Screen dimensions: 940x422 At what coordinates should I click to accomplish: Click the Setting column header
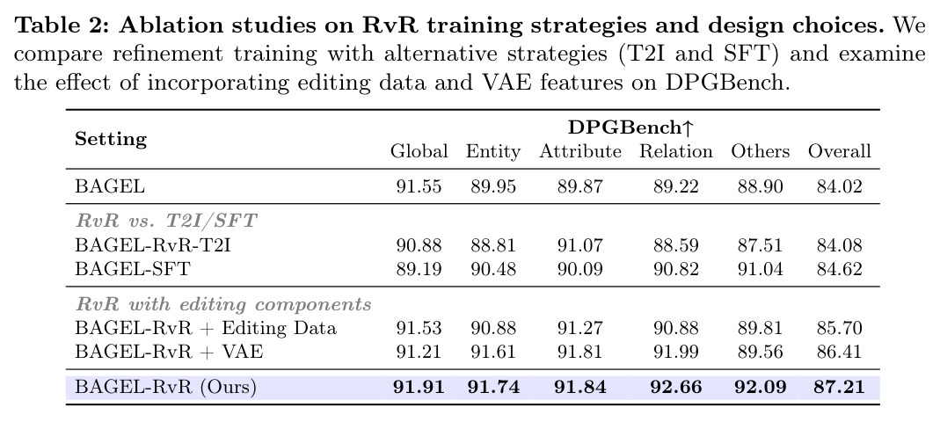(x=111, y=140)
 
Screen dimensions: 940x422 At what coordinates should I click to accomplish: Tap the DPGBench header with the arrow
(x=630, y=127)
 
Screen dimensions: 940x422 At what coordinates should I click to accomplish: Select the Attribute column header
(x=579, y=151)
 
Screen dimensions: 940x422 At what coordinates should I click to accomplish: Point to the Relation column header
(x=675, y=151)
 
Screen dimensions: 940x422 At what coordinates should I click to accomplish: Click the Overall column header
(x=839, y=151)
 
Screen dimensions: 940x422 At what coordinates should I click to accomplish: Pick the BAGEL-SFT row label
(x=132, y=268)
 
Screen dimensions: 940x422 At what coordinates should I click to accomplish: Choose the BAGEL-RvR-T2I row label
(x=152, y=245)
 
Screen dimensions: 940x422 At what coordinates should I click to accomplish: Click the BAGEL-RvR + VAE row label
(x=169, y=351)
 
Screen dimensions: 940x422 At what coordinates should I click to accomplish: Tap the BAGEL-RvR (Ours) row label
(x=165, y=387)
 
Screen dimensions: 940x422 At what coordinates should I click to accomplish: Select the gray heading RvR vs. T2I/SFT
(x=166, y=221)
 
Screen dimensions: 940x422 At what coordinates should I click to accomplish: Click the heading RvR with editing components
(x=223, y=304)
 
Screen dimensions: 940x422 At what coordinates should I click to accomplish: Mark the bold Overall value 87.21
(x=839, y=387)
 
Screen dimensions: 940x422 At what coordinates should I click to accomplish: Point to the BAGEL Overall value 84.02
(x=839, y=186)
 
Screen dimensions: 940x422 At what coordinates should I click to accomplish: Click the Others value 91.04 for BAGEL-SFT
(x=760, y=268)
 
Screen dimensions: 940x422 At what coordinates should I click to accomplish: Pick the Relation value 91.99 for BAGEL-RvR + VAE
(x=675, y=351)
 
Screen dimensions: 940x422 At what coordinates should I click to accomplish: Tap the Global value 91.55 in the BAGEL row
(x=419, y=186)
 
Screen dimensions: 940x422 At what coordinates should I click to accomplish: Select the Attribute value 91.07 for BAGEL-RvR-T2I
(x=579, y=245)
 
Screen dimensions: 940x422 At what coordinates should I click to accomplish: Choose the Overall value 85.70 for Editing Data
(x=839, y=328)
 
